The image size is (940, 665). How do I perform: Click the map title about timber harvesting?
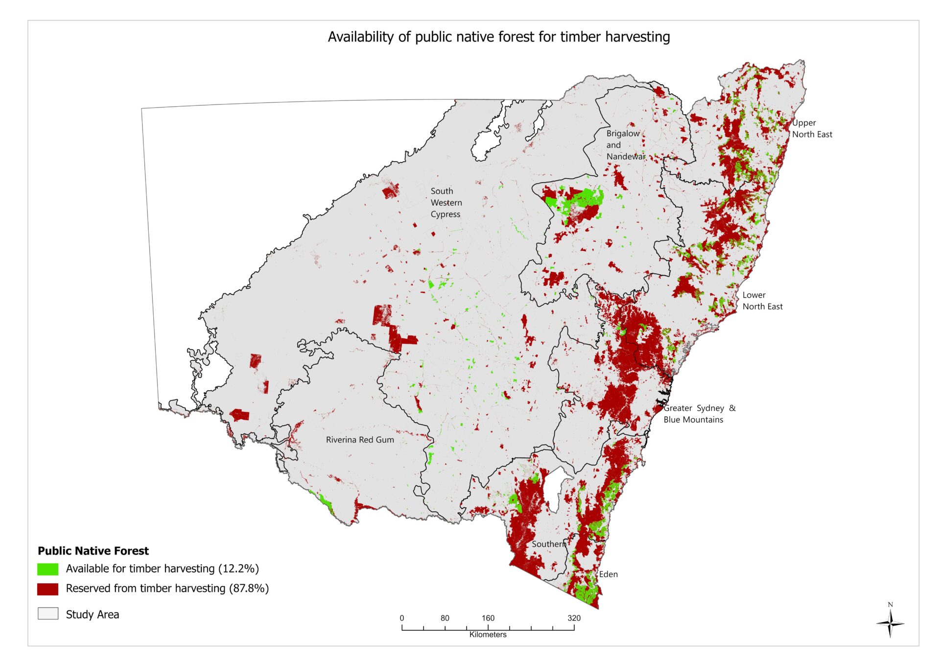498,37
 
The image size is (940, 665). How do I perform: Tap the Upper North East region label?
812,128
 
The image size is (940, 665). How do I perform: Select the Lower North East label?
762,301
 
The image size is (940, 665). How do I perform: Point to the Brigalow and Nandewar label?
625,145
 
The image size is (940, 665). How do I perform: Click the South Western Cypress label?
446,203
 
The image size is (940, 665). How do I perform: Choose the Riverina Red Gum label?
360,440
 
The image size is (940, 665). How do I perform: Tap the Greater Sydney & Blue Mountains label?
699,414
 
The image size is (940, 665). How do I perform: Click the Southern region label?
548,544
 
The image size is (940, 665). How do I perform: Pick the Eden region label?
608,574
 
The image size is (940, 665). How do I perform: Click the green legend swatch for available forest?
47,569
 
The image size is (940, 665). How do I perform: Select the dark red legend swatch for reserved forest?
47,589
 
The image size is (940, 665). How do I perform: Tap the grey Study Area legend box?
47,614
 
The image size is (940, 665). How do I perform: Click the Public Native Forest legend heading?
93,551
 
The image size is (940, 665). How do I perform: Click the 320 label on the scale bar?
574,618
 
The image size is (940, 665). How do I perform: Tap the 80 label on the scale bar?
445,618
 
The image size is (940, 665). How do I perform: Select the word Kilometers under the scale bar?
488,635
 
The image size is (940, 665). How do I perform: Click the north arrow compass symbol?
890,623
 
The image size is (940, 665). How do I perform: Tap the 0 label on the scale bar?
402,618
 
